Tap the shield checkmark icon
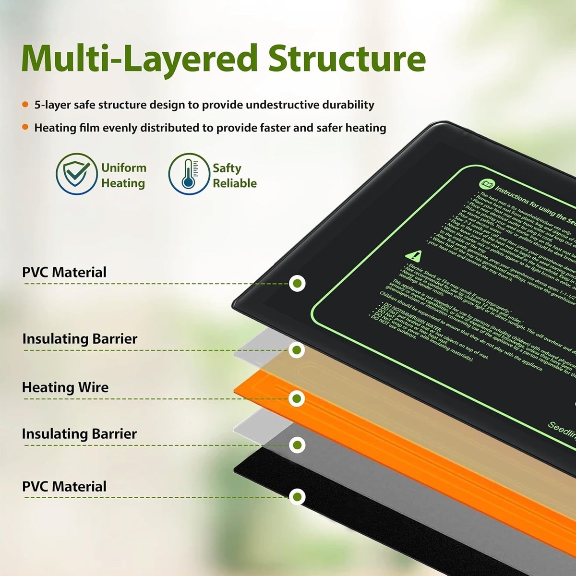76,174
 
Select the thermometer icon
189,174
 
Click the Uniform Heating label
123,175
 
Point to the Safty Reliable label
234,175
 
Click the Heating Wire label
65,387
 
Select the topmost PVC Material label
64,272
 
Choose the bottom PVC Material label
64,486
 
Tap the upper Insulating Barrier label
80,339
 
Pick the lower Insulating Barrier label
79,434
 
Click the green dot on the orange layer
298,398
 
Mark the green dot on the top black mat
298,283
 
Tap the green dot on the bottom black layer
298,496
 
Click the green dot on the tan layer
298,350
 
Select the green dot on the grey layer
298,445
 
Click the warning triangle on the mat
412,255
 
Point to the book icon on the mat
485,184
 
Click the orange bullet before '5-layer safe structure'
25,105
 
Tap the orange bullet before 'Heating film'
25,128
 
